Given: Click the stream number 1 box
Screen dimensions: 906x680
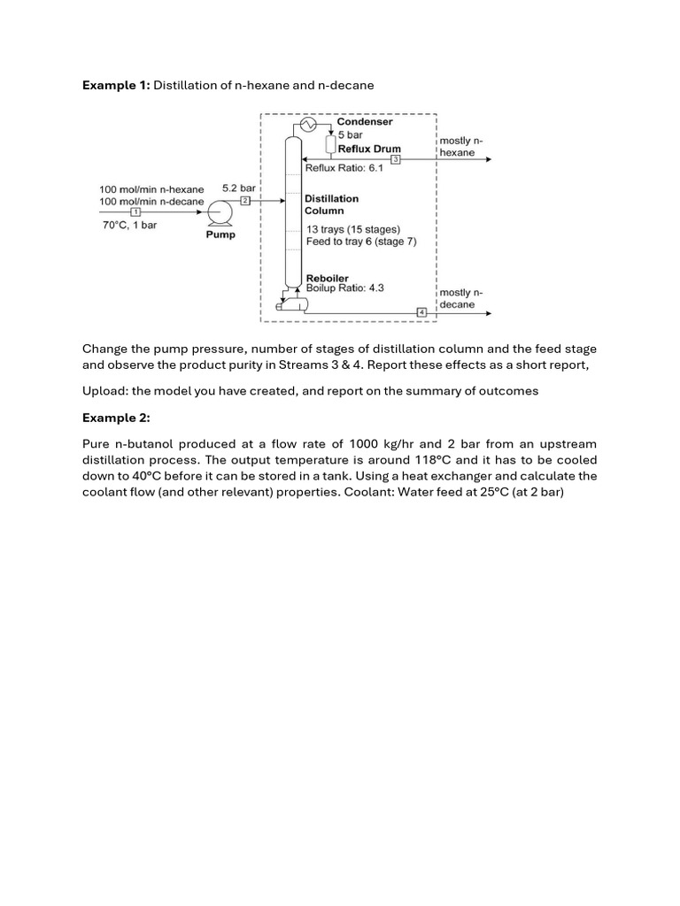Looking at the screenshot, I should pyautogui.click(x=135, y=212).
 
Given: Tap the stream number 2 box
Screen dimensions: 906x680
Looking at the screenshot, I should pyautogui.click(x=246, y=202).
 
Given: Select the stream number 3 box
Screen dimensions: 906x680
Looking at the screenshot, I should pyautogui.click(x=396, y=159).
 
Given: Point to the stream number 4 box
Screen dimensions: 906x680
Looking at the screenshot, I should pyautogui.click(x=421, y=312).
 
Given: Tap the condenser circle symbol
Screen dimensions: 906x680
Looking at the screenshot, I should pyautogui.click(x=308, y=126).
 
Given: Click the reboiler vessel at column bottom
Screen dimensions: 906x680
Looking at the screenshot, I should pyautogui.click(x=293, y=303).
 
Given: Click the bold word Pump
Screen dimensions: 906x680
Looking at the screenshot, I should pyautogui.click(x=220, y=235).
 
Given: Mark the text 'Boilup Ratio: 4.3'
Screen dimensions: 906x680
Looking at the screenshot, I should pyautogui.click(x=344, y=288).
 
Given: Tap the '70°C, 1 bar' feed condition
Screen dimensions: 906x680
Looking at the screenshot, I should pyautogui.click(x=129, y=226).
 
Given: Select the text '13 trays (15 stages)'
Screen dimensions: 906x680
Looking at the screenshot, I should pyautogui.click(x=352, y=230).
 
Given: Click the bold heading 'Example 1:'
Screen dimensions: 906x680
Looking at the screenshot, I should pyautogui.click(x=116, y=85).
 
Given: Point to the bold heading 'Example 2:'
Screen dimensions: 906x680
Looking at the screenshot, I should pyautogui.click(x=116, y=418).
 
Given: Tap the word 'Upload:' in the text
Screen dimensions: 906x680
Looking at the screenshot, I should pyautogui.click(x=105, y=391).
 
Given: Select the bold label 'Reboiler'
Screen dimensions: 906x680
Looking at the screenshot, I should pyautogui.click(x=328, y=278).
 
